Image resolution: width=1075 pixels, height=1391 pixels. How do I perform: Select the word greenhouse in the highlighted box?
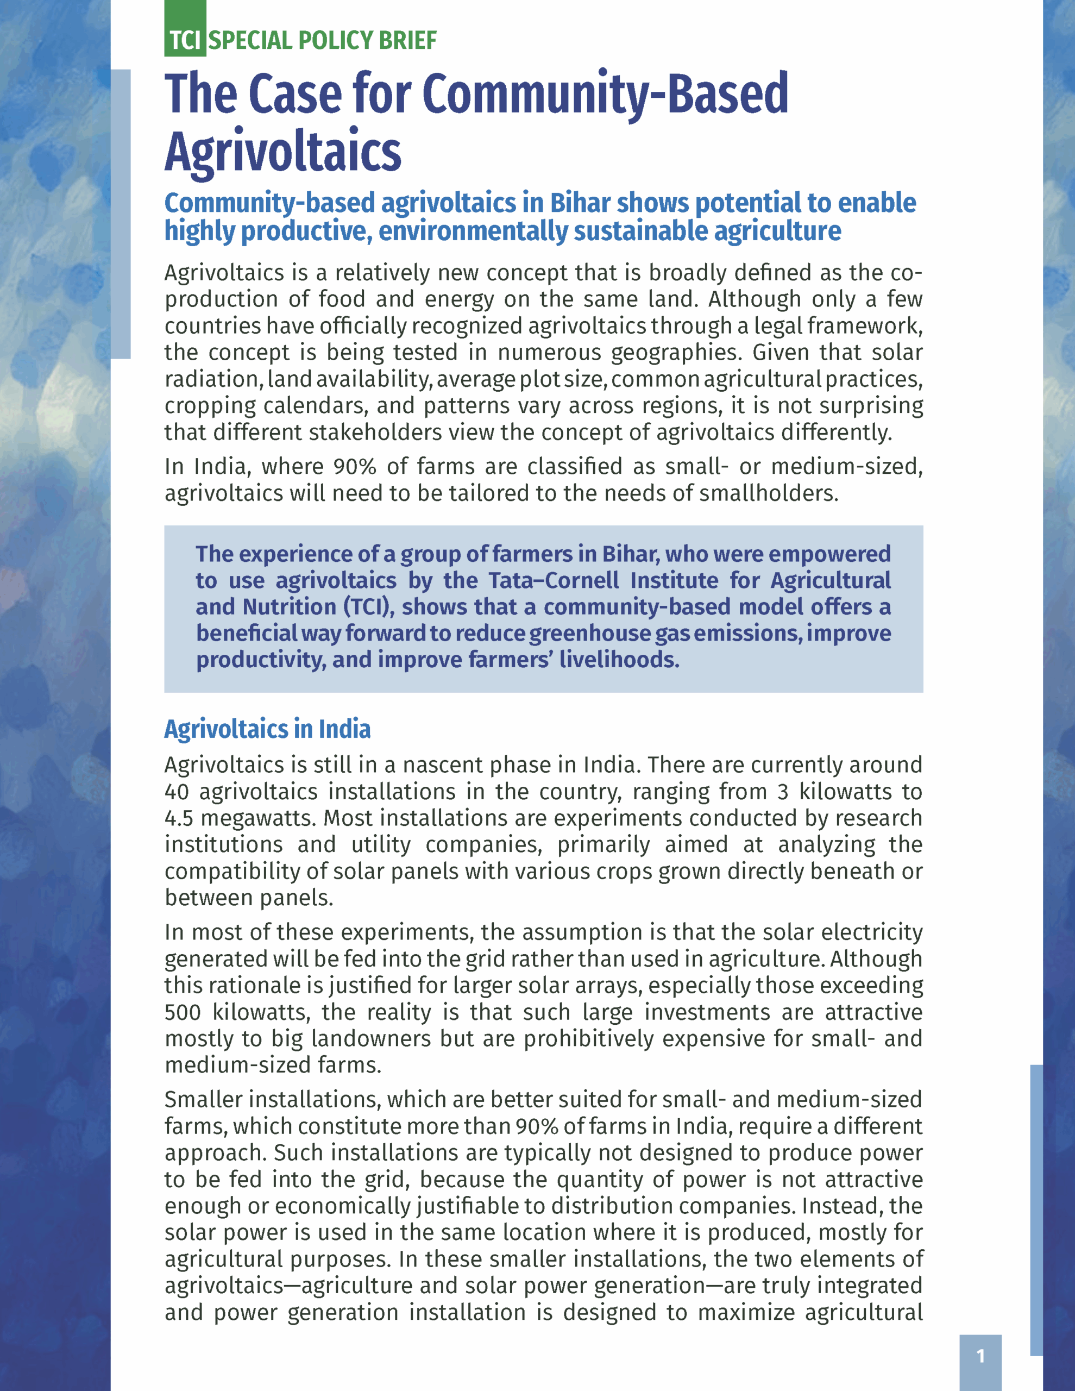pos(590,634)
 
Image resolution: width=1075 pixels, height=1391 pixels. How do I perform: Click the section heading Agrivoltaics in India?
pos(267,729)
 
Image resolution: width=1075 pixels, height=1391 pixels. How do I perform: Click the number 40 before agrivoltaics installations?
pos(177,792)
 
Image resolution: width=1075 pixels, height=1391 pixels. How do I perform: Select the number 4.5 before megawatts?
pos(178,818)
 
